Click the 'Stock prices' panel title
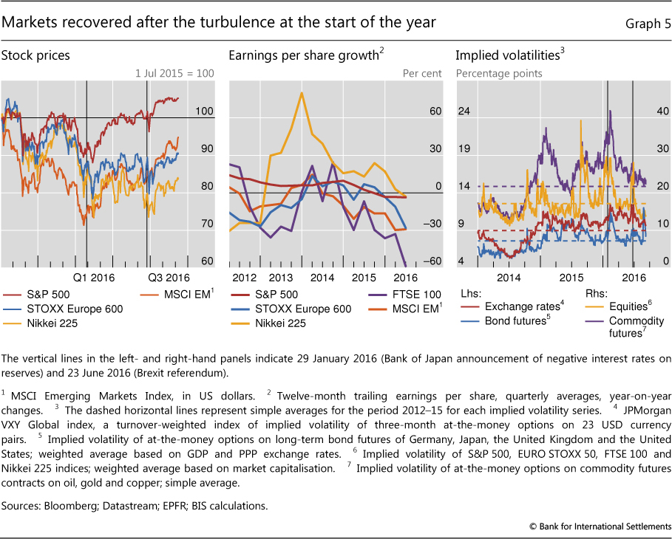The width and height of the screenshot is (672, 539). click(36, 55)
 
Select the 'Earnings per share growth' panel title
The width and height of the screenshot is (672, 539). click(305, 55)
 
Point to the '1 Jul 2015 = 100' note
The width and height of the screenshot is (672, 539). click(174, 73)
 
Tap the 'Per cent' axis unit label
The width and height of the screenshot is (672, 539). click(422, 73)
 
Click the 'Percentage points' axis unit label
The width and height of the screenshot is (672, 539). click(499, 73)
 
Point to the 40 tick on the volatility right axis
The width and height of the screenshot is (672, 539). click(642, 111)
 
